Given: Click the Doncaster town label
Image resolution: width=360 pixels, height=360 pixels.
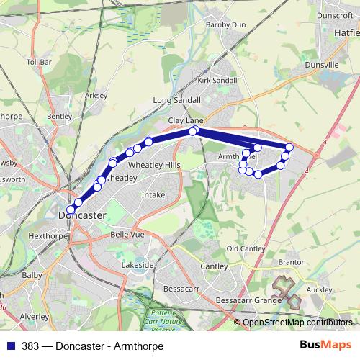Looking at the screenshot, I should click(x=81, y=215).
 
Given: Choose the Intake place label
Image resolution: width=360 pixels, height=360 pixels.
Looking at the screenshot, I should click(x=153, y=194).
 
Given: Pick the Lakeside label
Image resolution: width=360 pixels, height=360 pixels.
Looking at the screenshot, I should click(x=138, y=265).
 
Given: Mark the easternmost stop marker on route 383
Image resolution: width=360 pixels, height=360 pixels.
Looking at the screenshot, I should click(x=290, y=147).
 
